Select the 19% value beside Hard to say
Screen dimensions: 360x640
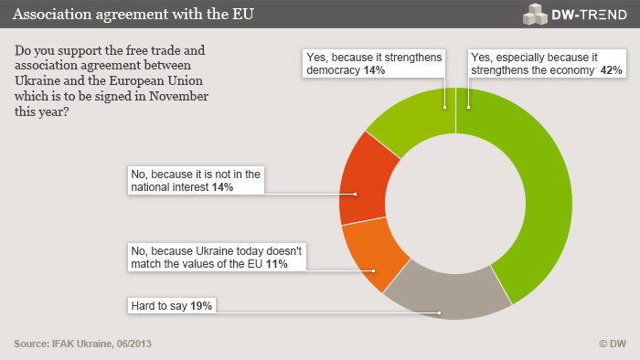pos(202,306)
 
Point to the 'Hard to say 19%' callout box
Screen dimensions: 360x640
pos(173,306)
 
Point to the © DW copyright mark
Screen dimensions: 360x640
pos(612,344)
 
